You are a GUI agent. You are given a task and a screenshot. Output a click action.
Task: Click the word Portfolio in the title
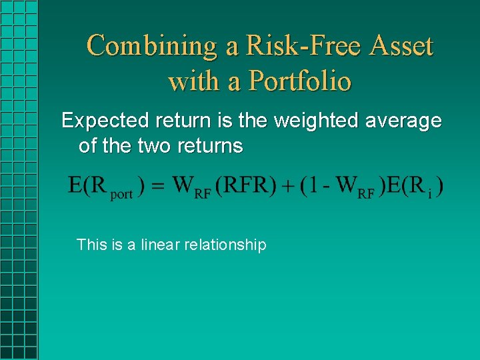(x=299, y=81)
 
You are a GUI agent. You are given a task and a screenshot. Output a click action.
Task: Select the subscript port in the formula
(x=121, y=194)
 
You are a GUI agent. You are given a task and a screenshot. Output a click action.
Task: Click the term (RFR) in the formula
(x=247, y=185)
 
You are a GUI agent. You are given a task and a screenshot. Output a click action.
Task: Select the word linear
(x=160, y=245)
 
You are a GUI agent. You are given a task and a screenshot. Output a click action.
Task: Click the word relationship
(x=225, y=245)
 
